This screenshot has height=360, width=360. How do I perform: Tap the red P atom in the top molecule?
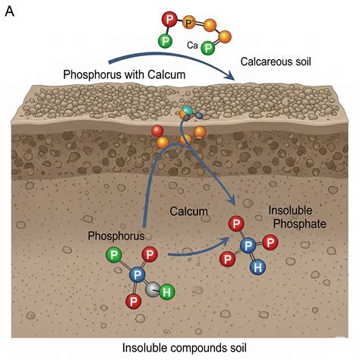tap(168, 17)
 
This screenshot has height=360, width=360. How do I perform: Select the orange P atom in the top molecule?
tap(189, 24)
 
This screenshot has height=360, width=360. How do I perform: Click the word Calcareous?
tap(261, 61)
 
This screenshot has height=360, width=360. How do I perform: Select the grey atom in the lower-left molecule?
tap(152, 289)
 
